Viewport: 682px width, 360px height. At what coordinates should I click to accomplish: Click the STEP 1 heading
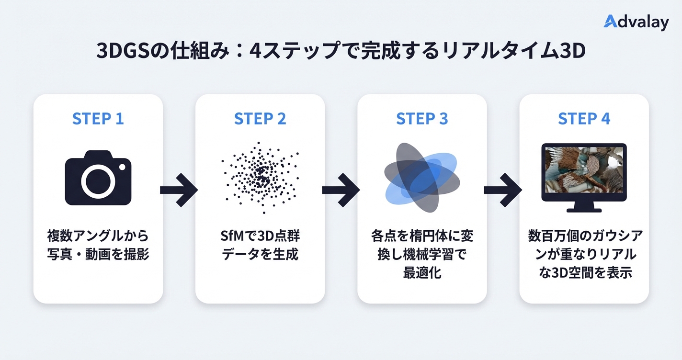[x=98, y=119]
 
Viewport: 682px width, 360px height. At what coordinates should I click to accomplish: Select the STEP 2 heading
[x=260, y=119]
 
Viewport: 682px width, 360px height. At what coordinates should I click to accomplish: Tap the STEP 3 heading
[x=422, y=119]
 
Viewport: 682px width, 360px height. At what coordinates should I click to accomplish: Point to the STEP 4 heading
[x=584, y=119]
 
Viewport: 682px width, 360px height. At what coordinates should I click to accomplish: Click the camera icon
[x=98, y=178]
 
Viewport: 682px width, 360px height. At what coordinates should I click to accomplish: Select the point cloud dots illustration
[x=260, y=177]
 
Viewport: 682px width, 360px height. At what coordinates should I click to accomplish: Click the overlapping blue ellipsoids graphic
[x=421, y=178]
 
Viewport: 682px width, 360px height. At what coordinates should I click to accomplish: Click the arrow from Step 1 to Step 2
[x=179, y=190]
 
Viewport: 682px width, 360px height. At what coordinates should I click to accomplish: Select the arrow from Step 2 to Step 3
[x=341, y=190]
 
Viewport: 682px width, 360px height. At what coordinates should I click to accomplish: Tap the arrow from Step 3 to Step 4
[x=503, y=190]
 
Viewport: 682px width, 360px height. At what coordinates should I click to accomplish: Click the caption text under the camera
[x=98, y=245]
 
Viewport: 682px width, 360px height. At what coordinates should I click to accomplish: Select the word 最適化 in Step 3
[x=422, y=273]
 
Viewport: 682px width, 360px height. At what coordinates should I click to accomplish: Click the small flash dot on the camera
[x=123, y=167]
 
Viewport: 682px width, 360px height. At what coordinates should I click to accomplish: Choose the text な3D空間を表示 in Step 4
[x=584, y=273]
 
